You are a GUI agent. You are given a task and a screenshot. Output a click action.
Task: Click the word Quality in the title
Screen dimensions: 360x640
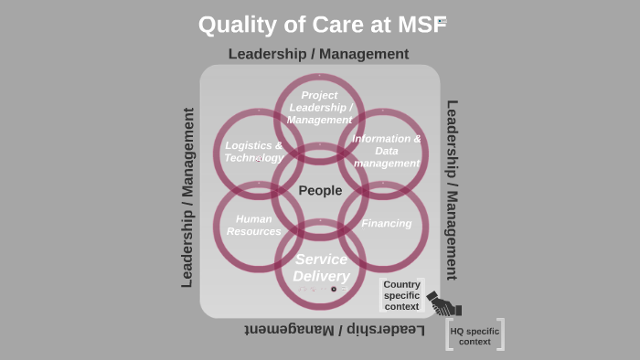point(235,24)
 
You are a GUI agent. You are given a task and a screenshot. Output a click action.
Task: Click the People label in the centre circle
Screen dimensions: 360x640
point(320,190)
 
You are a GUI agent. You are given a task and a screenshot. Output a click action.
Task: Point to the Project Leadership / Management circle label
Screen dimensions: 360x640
point(319,107)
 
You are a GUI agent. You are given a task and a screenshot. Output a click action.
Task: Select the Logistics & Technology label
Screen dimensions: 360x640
point(253,152)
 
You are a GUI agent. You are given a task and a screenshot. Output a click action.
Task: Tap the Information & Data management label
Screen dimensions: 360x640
point(387,151)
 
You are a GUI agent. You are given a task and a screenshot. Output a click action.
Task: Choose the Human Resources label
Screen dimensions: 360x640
point(254,225)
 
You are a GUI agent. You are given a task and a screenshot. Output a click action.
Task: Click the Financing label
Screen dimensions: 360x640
point(387,223)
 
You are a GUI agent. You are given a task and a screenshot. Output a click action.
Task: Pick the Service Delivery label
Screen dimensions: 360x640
point(321,268)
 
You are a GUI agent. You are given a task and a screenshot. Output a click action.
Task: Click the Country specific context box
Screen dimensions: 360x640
point(402,295)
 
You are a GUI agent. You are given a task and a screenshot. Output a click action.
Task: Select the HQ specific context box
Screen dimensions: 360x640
point(475,335)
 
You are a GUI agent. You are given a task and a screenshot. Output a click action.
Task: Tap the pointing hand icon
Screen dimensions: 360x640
point(444,303)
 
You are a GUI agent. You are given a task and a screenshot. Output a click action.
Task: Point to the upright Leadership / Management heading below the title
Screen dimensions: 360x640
point(318,54)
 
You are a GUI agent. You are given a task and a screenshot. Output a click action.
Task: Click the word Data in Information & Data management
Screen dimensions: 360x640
point(387,151)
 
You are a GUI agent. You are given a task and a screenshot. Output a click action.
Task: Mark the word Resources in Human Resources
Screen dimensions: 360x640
point(254,231)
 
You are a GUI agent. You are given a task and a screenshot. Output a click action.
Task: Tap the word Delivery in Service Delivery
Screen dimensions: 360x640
point(321,276)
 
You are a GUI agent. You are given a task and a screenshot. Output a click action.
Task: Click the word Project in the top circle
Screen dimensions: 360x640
point(319,95)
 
